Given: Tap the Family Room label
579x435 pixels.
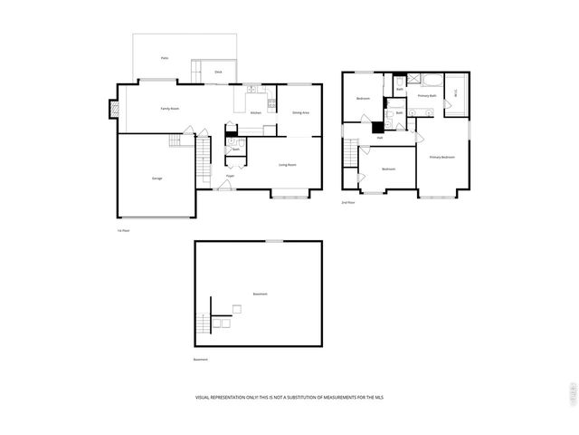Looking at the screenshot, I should pos(169,109).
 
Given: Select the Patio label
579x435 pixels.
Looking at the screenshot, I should pos(165,57).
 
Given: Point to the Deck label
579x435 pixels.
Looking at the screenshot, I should pos(218,72).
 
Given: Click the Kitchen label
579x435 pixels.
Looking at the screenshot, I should pos(256,112).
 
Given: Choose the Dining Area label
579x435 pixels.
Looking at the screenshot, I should pos(300,112).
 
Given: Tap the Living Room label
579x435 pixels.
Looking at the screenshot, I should pos(288,164).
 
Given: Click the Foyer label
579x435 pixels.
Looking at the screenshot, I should pos(231,176).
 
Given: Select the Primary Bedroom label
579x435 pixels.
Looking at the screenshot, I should pos(442,158).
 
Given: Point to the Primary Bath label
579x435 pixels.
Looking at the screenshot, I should pos(427,95).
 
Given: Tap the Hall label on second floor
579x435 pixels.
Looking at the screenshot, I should pos(380,137).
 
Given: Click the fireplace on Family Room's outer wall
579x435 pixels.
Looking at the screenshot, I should pos(114,109).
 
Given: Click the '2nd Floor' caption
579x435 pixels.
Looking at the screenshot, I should pos(347,202).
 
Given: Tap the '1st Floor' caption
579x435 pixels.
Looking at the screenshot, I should pos(122,231).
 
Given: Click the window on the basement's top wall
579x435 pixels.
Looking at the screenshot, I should pos(271,241).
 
